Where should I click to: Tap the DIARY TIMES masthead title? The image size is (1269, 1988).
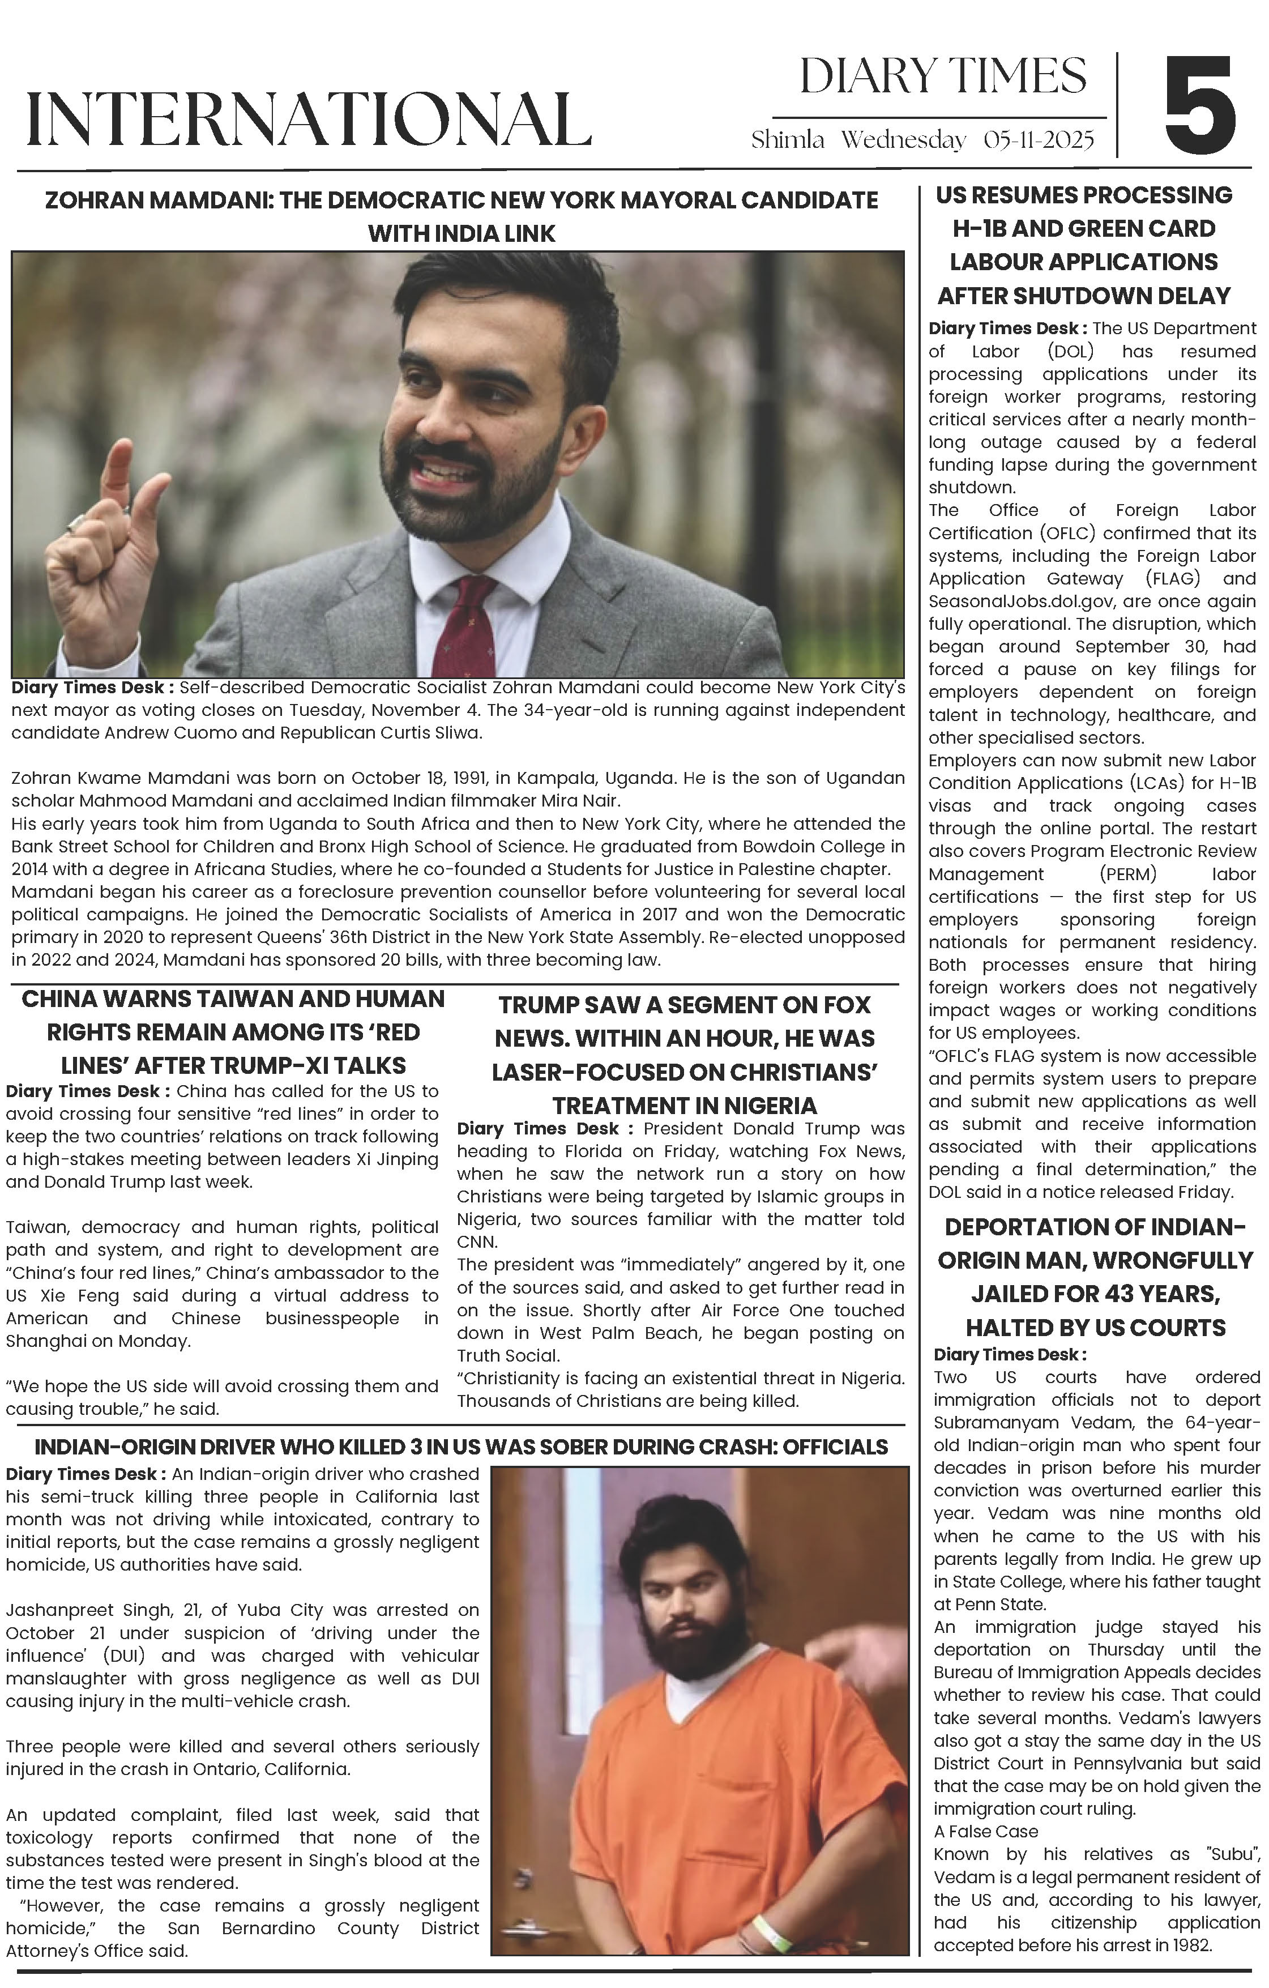[943, 77]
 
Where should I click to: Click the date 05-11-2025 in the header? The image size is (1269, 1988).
[1038, 140]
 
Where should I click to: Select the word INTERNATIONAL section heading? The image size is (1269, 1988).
[308, 120]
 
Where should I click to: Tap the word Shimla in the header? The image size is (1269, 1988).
[787, 140]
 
